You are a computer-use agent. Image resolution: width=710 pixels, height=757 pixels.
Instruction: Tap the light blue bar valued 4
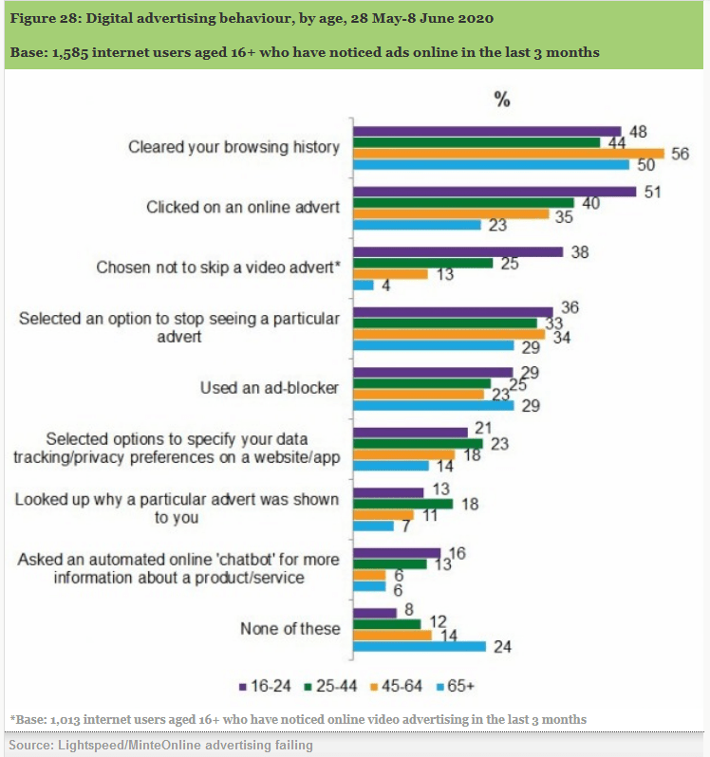(363, 285)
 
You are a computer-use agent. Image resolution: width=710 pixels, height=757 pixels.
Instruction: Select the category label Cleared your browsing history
(234, 147)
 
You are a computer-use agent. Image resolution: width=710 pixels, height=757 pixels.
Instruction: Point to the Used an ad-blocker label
(270, 388)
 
